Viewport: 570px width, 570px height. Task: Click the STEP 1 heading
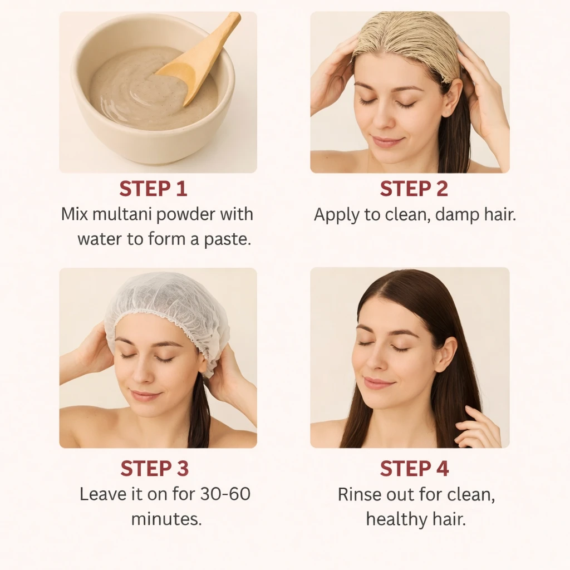coord(153,189)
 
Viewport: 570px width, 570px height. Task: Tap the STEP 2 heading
coord(414,189)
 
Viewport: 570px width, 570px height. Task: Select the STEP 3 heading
coord(155,468)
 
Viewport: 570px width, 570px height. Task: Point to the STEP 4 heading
coord(414,468)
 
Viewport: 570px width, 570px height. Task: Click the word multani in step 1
coord(122,214)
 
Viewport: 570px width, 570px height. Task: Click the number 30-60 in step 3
coord(225,494)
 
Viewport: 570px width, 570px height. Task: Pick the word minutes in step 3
coord(166,519)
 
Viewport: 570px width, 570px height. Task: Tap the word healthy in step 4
coord(396,519)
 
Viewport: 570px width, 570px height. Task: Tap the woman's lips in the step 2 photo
coord(387,141)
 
